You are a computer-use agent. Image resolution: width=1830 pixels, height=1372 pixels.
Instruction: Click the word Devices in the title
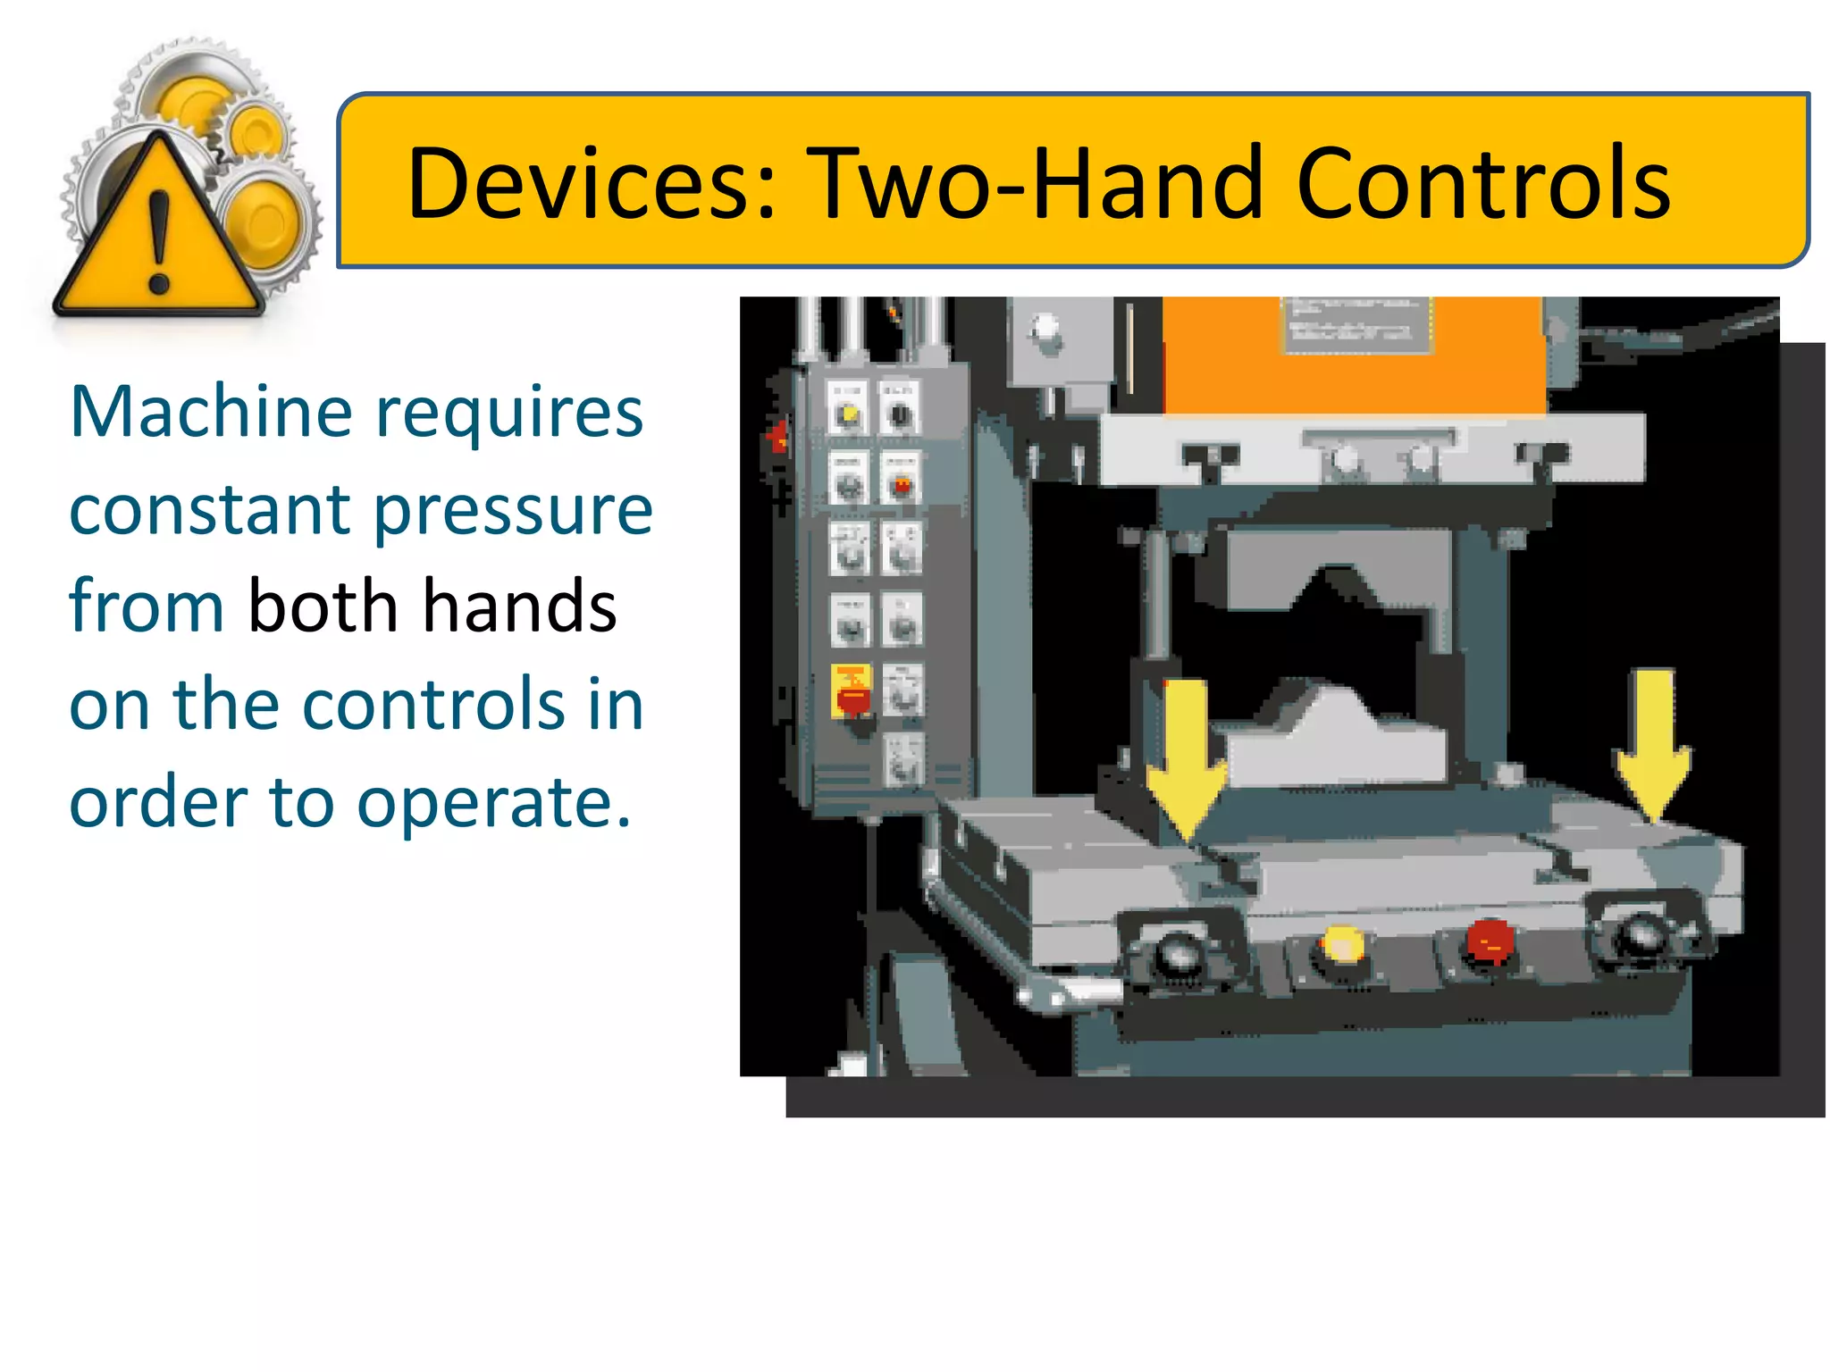pyautogui.click(x=590, y=183)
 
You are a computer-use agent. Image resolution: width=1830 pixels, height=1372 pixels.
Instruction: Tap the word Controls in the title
pyautogui.click(x=1483, y=183)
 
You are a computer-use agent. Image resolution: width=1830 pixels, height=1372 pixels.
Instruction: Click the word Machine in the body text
pyautogui.click(x=211, y=412)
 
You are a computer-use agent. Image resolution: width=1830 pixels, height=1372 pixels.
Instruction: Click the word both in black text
pyautogui.click(x=323, y=606)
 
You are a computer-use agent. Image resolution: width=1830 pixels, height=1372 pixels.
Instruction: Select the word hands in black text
pyautogui.click(x=519, y=606)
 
